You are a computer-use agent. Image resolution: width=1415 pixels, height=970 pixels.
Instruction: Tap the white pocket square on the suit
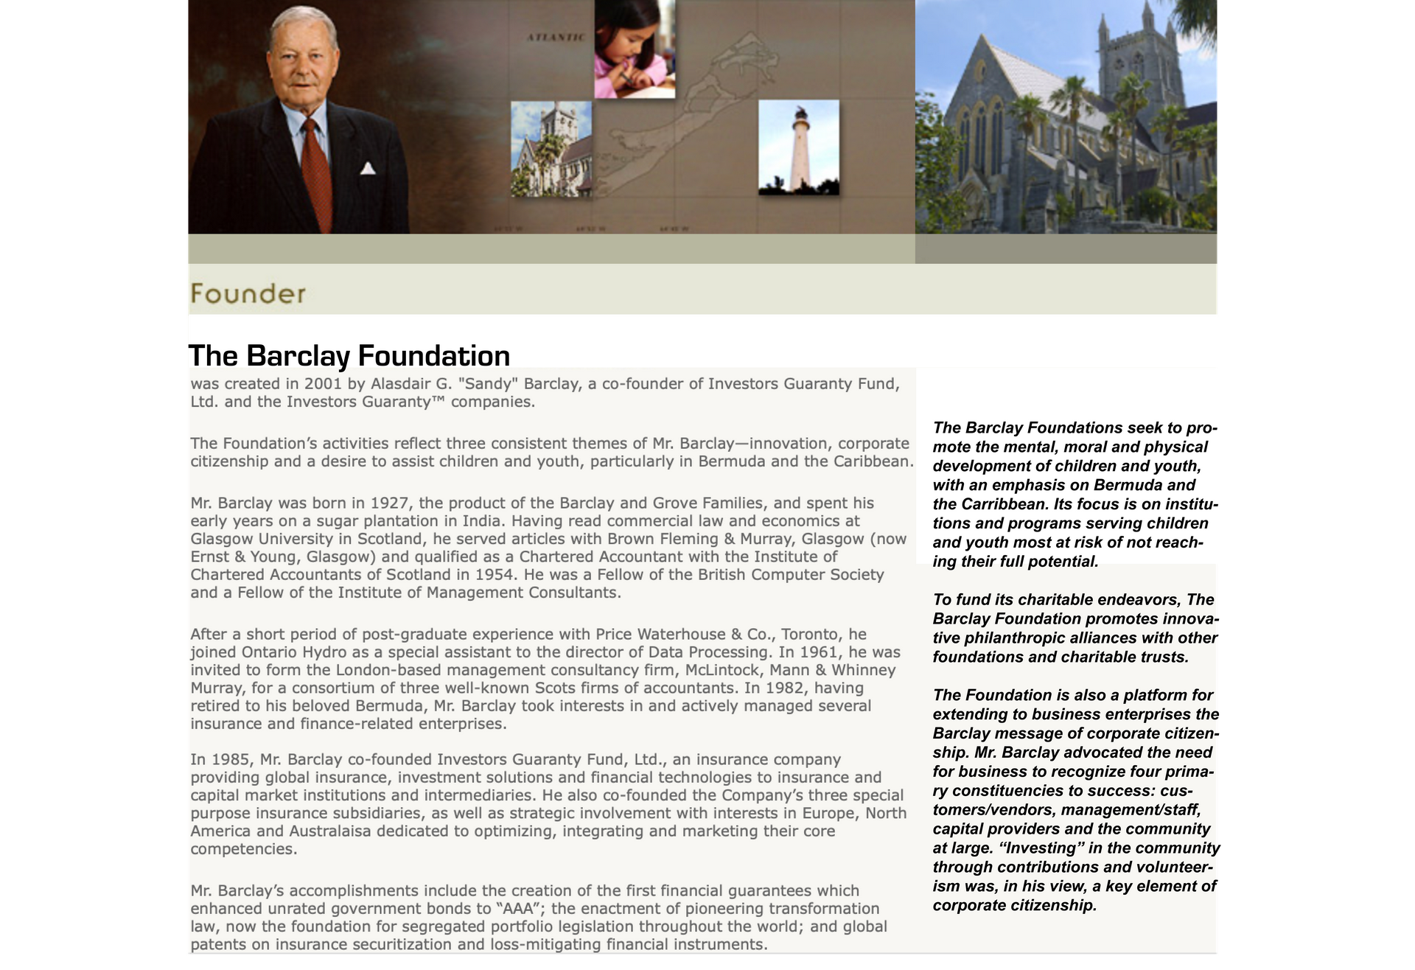(x=367, y=169)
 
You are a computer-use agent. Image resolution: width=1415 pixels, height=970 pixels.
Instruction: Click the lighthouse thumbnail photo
(x=798, y=147)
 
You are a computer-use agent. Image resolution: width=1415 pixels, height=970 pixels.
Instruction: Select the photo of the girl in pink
(x=635, y=49)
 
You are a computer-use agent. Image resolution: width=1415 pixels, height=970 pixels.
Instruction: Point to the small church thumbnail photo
(x=551, y=149)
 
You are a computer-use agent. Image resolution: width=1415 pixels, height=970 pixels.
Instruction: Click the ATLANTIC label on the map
(x=556, y=37)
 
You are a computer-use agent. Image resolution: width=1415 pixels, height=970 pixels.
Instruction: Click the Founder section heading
(x=248, y=294)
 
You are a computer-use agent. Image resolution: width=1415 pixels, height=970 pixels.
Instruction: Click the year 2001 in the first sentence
(x=323, y=384)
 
